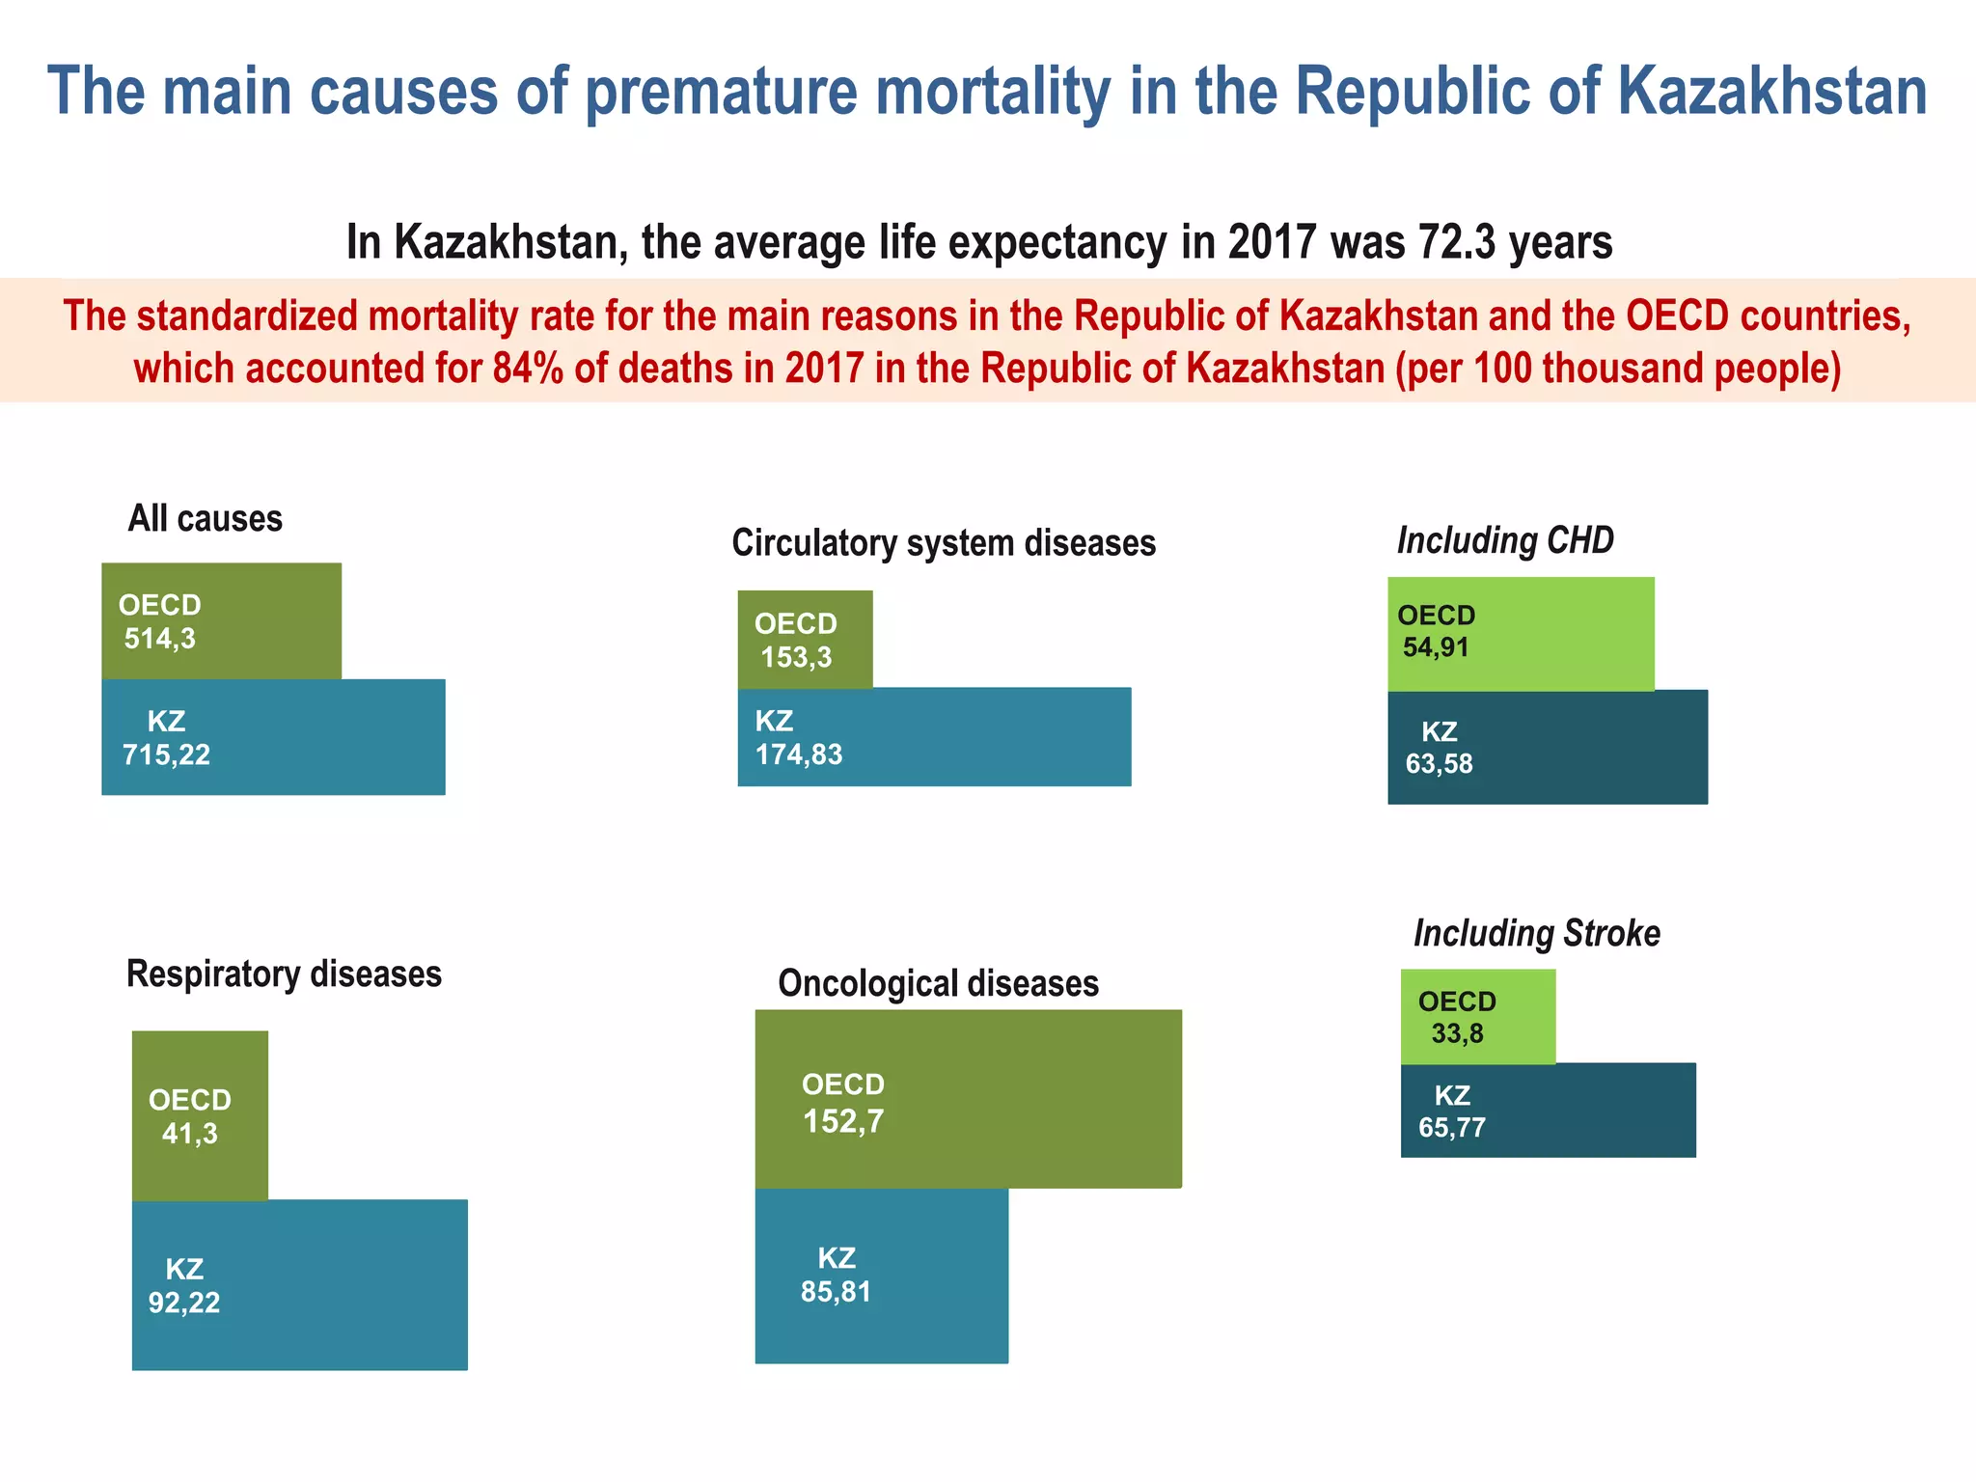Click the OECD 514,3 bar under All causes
pyautogui.click(x=221, y=620)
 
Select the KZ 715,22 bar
pyautogui.click(x=273, y=737)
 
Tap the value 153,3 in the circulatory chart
pyautogui.click(x=796, y=658)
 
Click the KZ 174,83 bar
pyautogui.click(x=933, y=737)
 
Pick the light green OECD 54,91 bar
pyautogui.click(x=1520, y=633)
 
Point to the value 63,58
pyautogui.click(x=1439, y=764)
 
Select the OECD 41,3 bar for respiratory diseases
pyautogui.click(x=200, y=1115)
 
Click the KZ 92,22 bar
pyautogui.click(x=299, y=1284)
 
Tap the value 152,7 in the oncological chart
pyautogui.click(x=843, y=1121)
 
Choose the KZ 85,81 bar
pyautogui.click(x=881, y=1276)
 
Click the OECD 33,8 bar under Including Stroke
pyautogui.click(x=1477, y=1016)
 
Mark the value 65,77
pyautogui.click(x=1451, y=1128)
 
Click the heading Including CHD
pyautogui.click(x=1505, y=540)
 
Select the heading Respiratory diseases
pyautogui.click(x=284, y=974)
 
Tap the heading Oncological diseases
pyautogui.click(x=938, y=983)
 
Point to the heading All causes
pyautogui.click(x=205, y=519)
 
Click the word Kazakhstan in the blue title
pyautogui.click(x=1771, y=92)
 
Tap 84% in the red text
pyautogui.click(x=528, y=369)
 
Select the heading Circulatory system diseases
pyautogui.click(x=944, y=543)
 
